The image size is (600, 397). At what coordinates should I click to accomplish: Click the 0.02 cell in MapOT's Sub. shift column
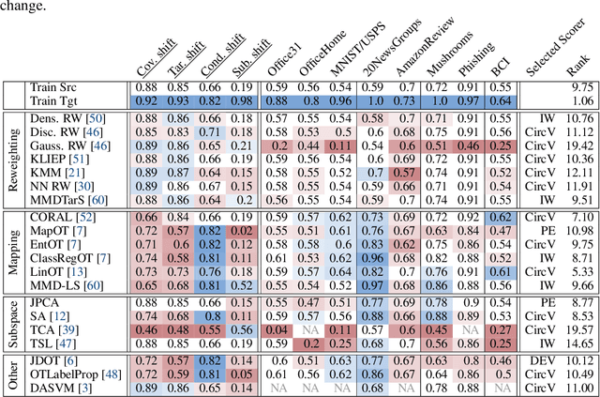[x=242, y=231]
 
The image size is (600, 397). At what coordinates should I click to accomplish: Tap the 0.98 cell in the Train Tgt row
[x=242, y=99]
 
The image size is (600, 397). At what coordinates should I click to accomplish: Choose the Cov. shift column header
[x=145, y=58]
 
